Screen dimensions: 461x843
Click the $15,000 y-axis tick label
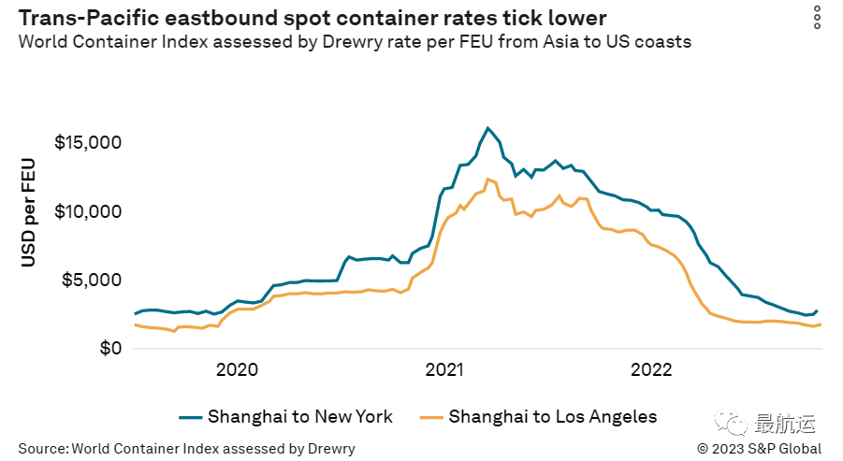[88, 143]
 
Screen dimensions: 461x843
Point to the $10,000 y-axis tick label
[88, 211]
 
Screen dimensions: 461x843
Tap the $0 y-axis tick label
[110, 349]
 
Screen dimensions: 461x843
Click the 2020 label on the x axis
[237, 369]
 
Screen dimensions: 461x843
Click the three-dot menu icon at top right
[817, 17]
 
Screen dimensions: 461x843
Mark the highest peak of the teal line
[487, 128]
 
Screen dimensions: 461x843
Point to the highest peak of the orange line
[487, 179]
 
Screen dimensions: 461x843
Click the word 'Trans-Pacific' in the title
[80, 18]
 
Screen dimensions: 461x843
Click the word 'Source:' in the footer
[42, 449]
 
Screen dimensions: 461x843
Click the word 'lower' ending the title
[578, 18]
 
